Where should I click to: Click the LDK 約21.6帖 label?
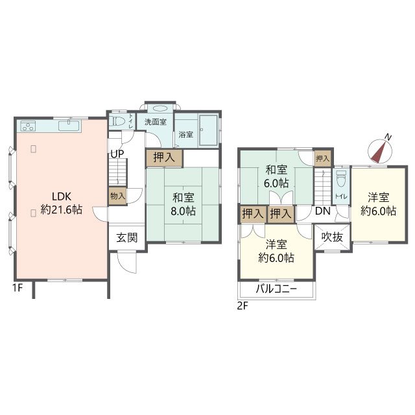[x=62, y=203]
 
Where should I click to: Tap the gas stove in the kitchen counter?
[x=28, y=126]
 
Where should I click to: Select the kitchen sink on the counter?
[x=69, y=126]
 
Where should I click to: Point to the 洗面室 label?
[x=156, y=122]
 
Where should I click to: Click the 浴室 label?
[x=186, y=134]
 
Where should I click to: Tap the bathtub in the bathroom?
[x=208, y=130]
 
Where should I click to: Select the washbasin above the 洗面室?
[x=160, y=108]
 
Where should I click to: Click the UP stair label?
[x=117, y=154]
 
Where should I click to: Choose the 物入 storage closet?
[x=118, y=196]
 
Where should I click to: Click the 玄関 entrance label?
[x=127, y=238]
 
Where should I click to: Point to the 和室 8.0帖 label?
[x=183, y=204]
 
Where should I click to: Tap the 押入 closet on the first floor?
[x=164, y=158]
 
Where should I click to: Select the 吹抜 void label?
[x=333, y=237]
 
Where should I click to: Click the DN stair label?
[x=323, y=211]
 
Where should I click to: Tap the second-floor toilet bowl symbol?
[x=341, y=178]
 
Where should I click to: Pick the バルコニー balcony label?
[x=276, y=289]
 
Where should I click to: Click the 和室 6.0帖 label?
[x=276, y=176]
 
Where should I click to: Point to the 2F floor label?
[x=243, y=306]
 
